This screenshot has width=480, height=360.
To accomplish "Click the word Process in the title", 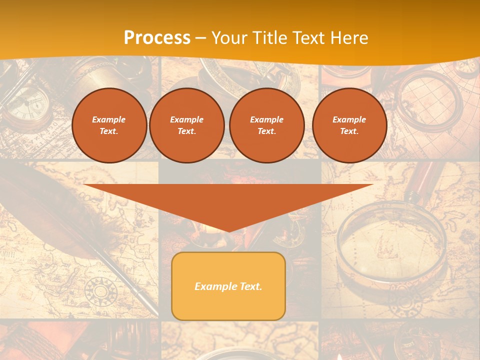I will coord(157,38).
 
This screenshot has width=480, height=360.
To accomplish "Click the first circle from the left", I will coord(109,125).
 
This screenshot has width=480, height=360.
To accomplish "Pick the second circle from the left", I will coord(186,125).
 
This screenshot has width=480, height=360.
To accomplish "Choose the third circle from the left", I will coord(266,125).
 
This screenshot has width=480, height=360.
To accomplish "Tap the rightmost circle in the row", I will coord(349,125).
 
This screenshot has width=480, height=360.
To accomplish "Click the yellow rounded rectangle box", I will coord(228,286).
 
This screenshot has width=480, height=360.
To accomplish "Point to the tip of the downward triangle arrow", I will coord(228,231).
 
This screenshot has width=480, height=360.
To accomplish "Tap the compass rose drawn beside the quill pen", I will coord(100,291).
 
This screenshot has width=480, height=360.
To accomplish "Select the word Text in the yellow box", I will coord(249,286).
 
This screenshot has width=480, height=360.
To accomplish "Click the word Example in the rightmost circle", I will coord(349,119).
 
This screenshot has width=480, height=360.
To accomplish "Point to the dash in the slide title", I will coord(201,38).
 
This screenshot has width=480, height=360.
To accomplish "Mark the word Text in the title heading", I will coord(309,38).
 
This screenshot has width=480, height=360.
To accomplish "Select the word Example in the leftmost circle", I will coord(109,119).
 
